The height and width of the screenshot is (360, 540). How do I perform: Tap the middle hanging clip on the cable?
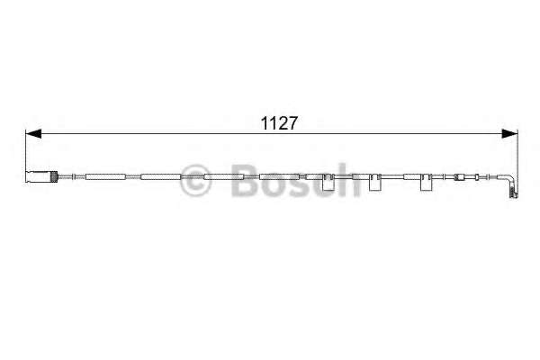(375, 184)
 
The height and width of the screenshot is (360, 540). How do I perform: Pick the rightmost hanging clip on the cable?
(424, 184)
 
